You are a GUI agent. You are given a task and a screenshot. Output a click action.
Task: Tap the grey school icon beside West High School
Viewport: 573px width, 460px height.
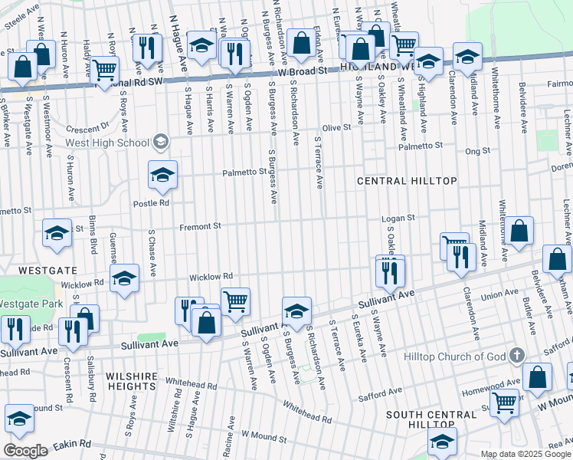[x=161, y=141]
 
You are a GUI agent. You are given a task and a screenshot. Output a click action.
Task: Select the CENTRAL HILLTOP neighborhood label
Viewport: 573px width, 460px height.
[x=408, y=181]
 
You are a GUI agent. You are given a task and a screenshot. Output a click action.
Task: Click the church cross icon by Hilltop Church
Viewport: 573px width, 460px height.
[x=518, y=356]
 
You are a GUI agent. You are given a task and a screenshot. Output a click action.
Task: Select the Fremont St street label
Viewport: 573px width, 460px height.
[x=200, y=226]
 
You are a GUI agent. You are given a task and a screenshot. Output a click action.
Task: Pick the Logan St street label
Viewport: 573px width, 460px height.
[x=399, y=218]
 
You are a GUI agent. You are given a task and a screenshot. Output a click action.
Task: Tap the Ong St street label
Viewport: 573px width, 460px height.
[x=477, y=152]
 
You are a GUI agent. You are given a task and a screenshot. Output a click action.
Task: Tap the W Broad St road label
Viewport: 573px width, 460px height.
[x=302, y=71]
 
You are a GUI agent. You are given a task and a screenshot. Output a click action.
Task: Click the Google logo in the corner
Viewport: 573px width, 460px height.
[x=26, y=451]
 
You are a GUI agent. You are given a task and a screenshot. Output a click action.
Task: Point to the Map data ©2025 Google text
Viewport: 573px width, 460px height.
[x=525, y=454]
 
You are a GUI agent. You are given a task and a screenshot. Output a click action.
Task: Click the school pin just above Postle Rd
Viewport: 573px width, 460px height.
[x=162, y=177]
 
